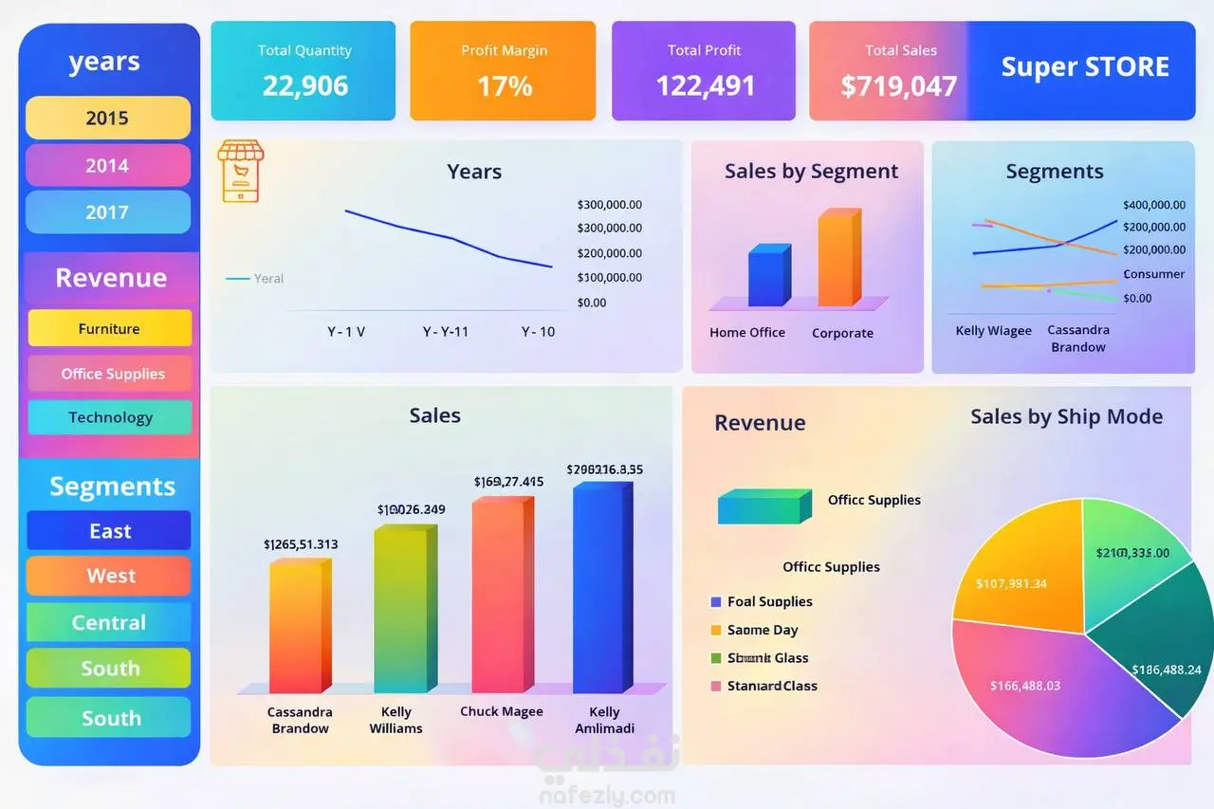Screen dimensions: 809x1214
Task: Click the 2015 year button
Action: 107,118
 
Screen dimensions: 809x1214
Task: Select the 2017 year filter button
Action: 107,211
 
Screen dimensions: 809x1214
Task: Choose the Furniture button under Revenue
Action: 109,328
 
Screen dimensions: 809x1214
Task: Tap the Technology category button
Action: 110,417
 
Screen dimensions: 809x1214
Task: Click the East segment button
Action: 109,531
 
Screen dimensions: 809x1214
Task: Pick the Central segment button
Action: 109,622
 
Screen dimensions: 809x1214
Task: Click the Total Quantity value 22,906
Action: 305,86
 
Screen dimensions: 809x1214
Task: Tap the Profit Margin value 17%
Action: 505,86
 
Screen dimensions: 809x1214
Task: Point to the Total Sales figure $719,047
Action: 898,86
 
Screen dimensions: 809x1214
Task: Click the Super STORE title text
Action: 1085,67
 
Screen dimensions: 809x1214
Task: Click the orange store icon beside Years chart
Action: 241,171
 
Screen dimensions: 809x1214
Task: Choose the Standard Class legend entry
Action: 771,686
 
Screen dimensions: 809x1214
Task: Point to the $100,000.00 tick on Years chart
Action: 609,278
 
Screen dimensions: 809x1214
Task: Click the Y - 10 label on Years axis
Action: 538,332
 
